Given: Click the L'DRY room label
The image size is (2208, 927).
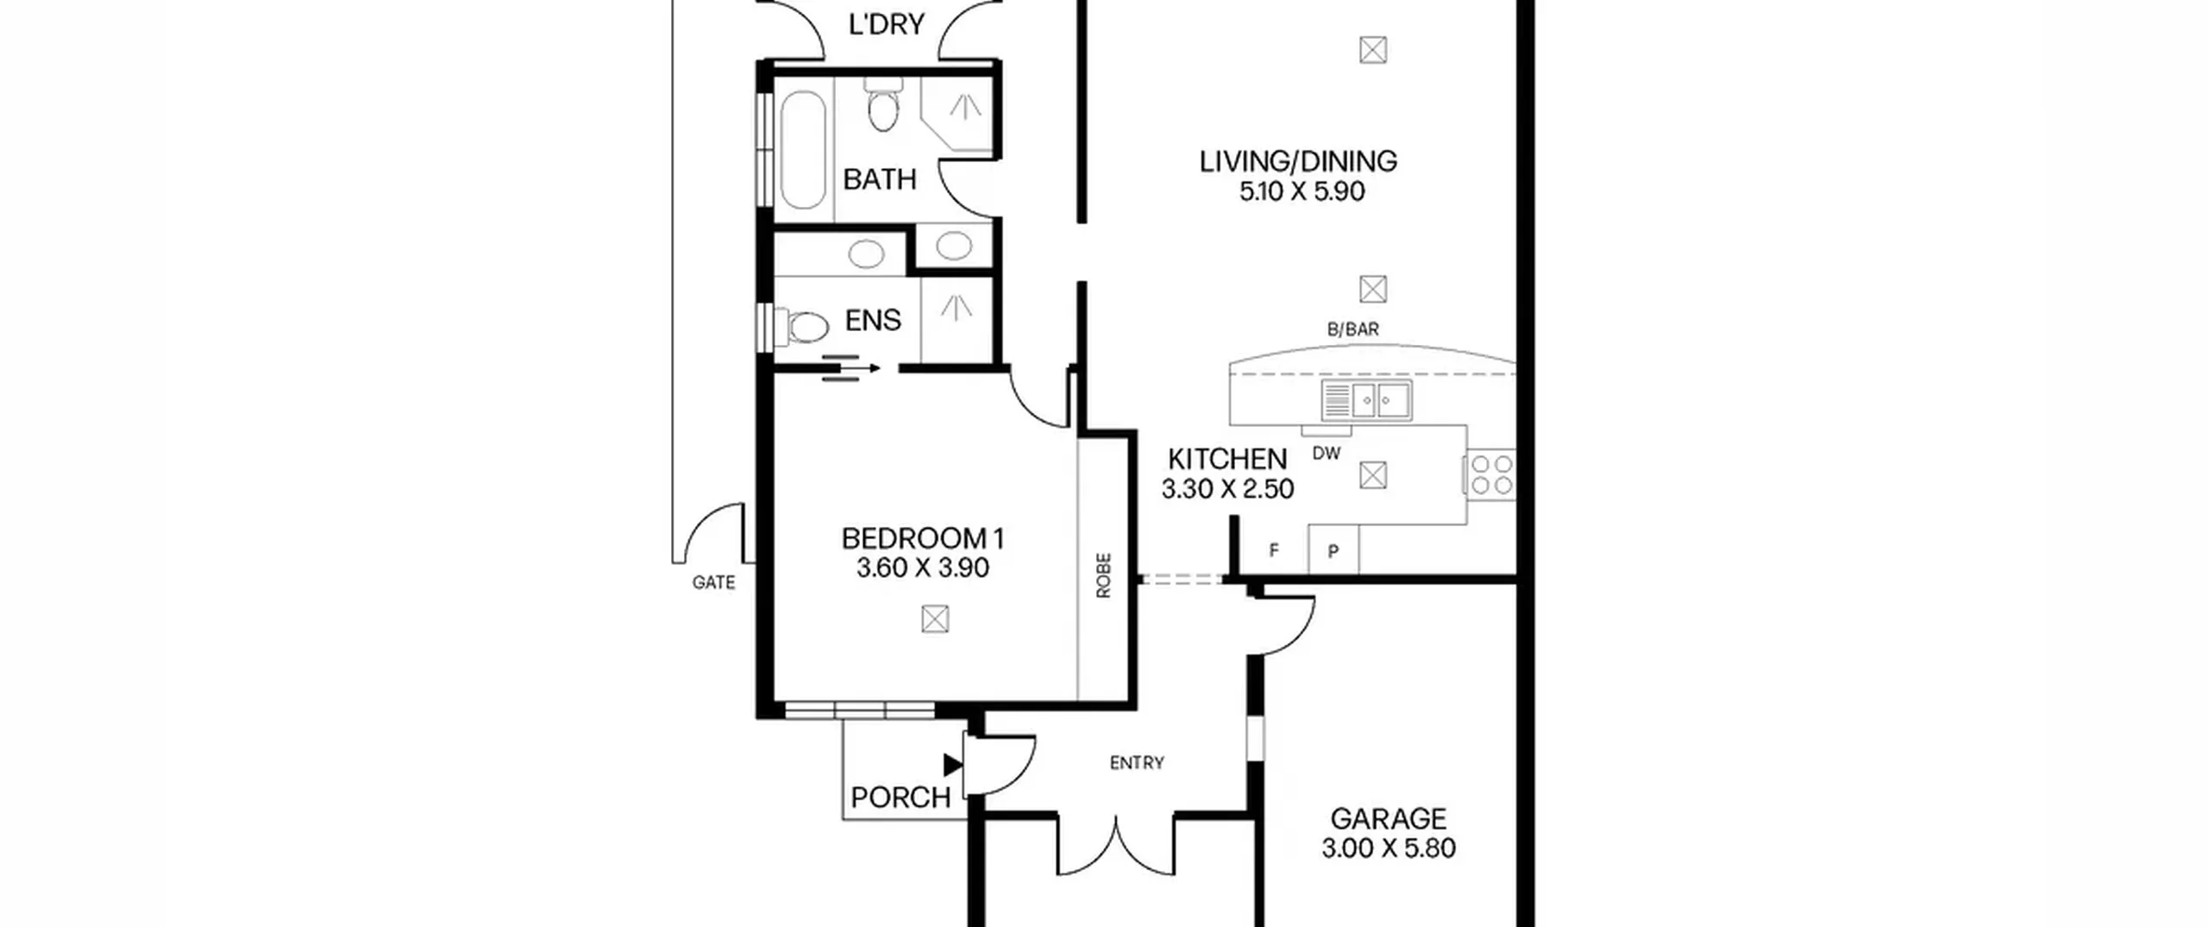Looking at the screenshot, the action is [x=887, y=24].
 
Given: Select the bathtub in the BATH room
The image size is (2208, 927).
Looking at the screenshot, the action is [x=803, y=149].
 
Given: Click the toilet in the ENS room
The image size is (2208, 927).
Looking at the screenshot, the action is [x=801, y=327].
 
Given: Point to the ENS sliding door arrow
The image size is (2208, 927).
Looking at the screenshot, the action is [x=850, y=368].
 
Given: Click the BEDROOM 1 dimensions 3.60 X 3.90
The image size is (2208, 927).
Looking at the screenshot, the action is [x=922, y=568].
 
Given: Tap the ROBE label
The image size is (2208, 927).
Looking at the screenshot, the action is [x=1103, y=575].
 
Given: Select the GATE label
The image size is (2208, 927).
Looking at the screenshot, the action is [x=713, y=583].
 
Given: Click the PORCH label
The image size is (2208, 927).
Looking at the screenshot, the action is [x=900, y=798].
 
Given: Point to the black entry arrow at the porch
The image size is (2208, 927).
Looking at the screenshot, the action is [x=953, y=764].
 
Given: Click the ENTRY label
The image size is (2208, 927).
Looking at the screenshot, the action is [x=1137, y=763].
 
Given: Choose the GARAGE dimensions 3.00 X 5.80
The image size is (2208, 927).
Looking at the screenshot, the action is [x=1389, y=849].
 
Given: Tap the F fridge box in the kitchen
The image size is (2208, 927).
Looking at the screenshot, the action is [x=1273, y=550].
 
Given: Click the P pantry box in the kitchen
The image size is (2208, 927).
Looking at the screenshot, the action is [x=1333, y=550].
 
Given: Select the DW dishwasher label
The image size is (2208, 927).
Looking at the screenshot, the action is [x=1327, y=454].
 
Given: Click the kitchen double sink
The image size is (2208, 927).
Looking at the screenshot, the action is [x=1367, y=400].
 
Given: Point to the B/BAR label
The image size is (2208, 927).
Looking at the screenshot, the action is [x=1352, y=329].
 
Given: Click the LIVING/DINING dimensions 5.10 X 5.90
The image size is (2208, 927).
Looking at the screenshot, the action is [x=1302, y=191].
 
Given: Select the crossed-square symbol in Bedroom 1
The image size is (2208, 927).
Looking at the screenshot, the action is [x=935, y=619].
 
